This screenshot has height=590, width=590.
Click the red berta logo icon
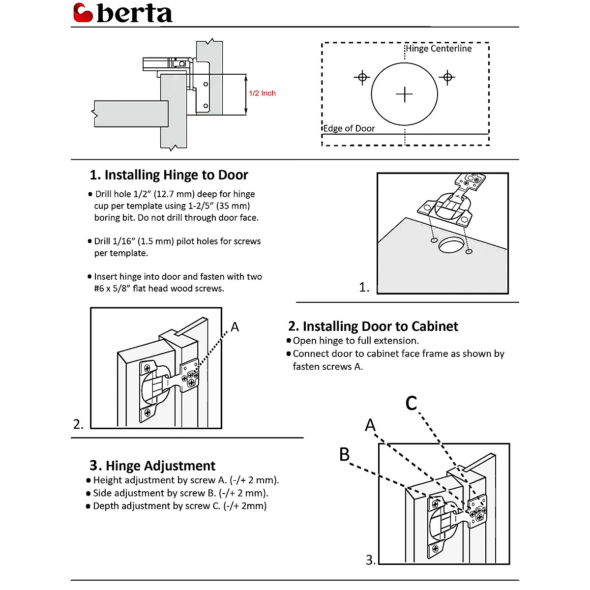point(83,13)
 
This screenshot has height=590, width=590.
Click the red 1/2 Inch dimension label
point(262,93)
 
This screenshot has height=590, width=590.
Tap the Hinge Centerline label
point(439,49)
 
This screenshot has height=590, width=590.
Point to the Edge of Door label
point(349,128)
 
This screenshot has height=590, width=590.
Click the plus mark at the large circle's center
point(404,94)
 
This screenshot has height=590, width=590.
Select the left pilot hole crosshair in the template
point(362,77)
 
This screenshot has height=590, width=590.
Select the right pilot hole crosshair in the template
point(447,77)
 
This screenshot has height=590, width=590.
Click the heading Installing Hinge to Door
point(169,175)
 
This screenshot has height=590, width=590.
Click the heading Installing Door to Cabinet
point(373,326)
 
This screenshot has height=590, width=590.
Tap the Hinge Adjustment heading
point(152,466)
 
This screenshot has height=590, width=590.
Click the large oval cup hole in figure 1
point(451,244)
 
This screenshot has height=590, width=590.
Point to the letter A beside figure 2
point(235,327)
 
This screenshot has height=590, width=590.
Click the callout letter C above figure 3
point(411,403)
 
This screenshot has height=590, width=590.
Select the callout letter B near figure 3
point(345,454)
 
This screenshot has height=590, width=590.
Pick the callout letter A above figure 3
point(370,425)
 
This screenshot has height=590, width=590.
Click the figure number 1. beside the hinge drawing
point(364,287)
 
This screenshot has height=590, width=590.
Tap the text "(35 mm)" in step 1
point(233,206)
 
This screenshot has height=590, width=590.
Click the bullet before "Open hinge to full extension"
point(289,341)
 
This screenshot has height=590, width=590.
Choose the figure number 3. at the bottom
point(371,560)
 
